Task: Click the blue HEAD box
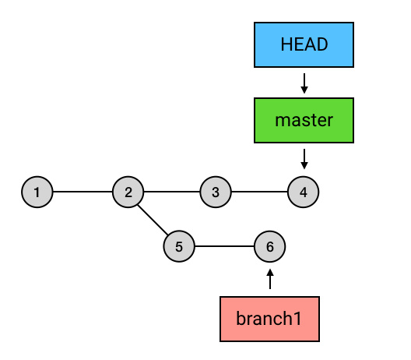tap(304, 45)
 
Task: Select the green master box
tap(304, 121)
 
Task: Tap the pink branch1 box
tap(269, 319)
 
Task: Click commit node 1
tap(37, 192)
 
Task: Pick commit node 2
tap(128, 192)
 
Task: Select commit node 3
tap(216, 192)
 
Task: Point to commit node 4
tap(304, 192)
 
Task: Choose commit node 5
tap(179, 246)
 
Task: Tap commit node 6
tap(269, 246)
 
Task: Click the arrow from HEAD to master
tap(304, 83)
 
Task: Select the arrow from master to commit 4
tap(304, 159)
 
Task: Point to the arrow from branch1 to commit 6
tap(270, 279)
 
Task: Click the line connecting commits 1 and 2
tap(83, 192)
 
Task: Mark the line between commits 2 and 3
tap(172, 192)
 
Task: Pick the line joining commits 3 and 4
tap(259, 192)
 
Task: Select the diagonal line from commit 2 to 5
tap(153, 220)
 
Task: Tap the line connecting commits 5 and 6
tap(224, 246)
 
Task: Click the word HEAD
tap(304, 44)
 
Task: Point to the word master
tap(304, 121)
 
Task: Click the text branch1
tap(269, 318)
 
